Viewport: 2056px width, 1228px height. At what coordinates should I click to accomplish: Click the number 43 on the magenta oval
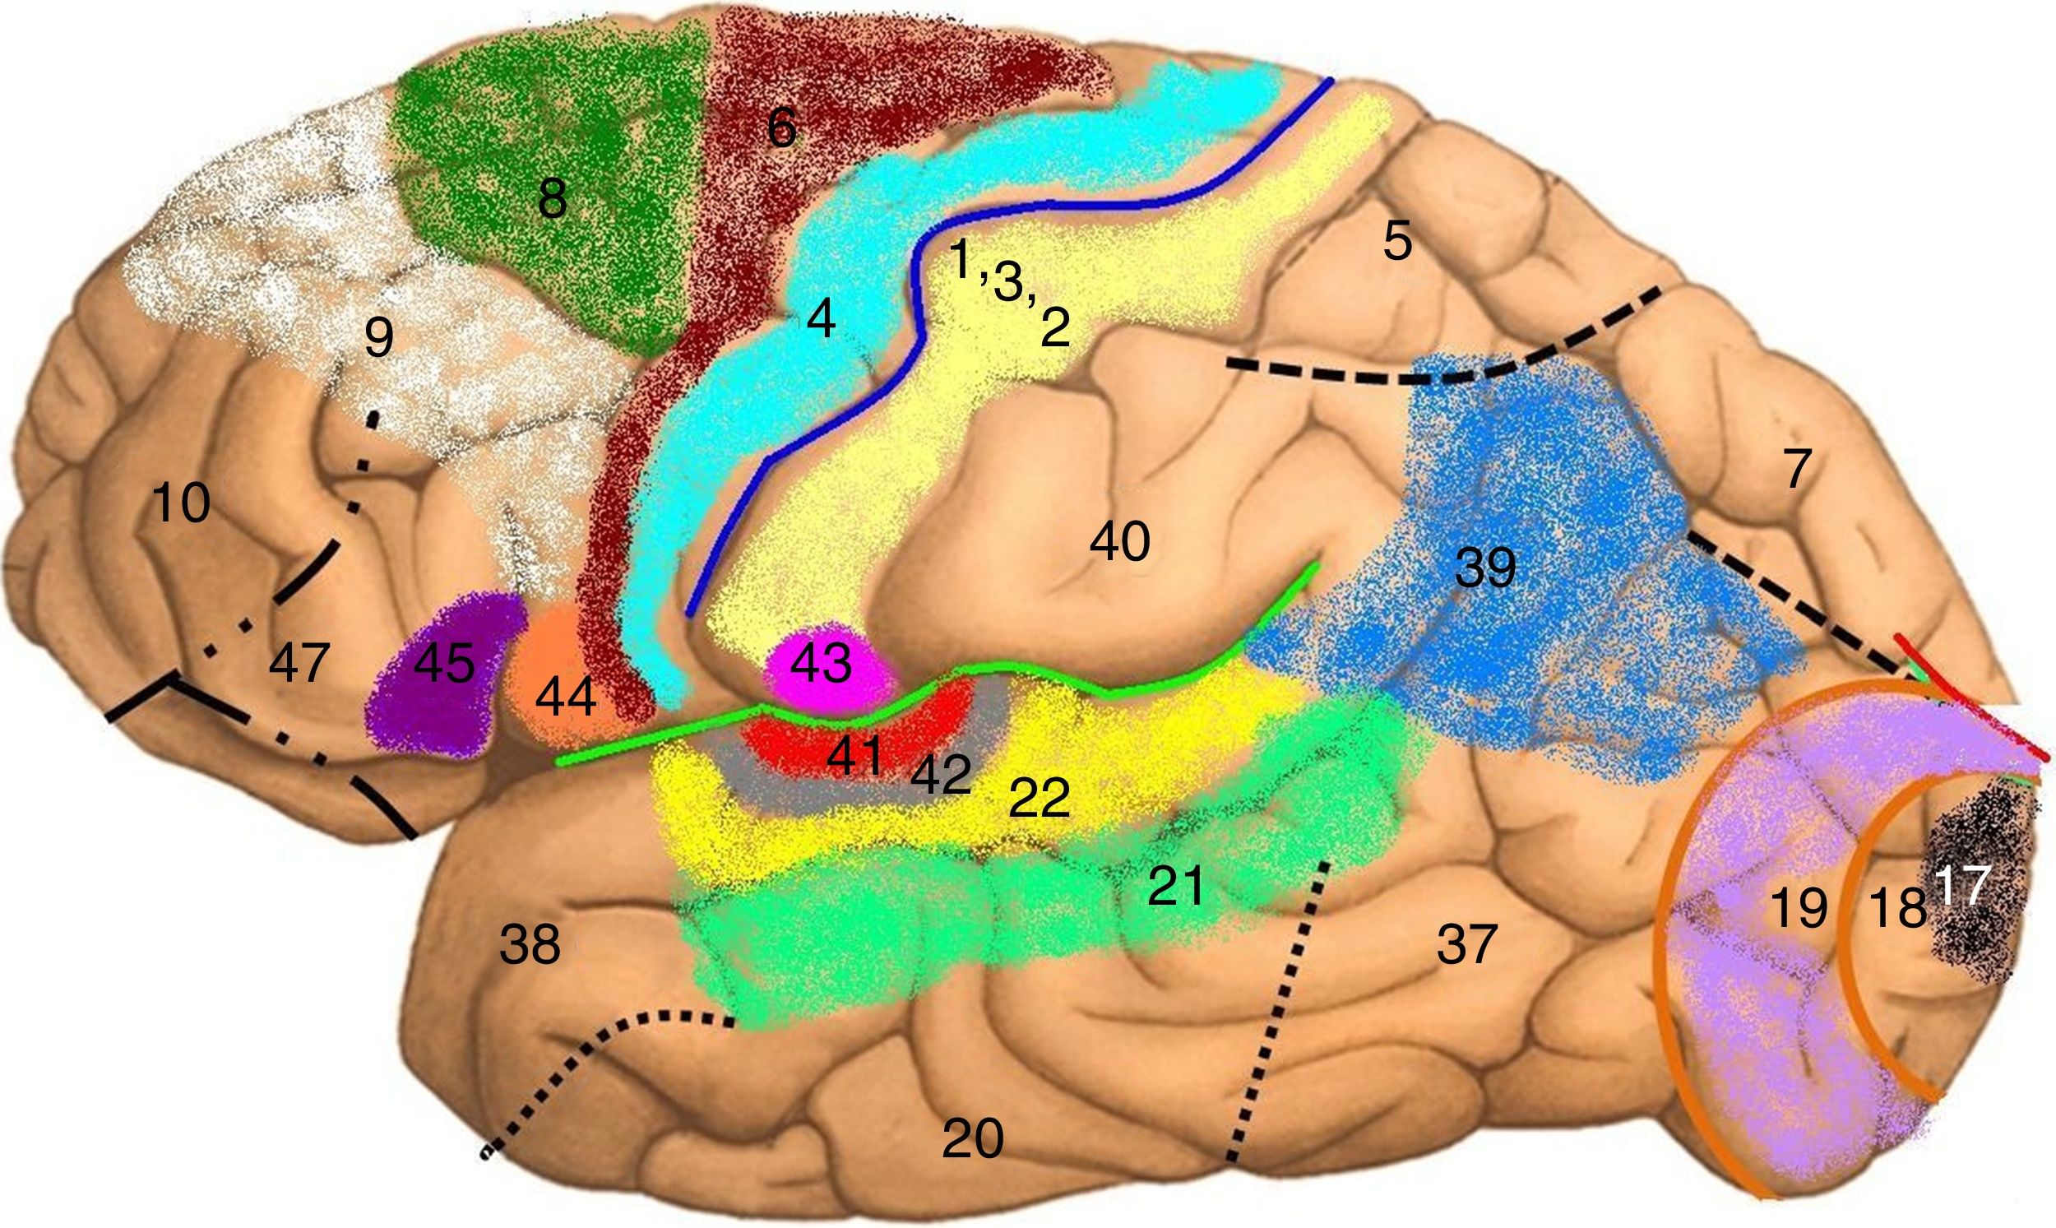(821, 663)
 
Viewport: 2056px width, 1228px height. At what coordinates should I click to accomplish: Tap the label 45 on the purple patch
(444, 663)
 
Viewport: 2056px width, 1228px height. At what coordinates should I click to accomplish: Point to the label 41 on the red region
(854, 755)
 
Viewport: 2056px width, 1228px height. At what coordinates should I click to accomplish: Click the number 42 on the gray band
(941, 774)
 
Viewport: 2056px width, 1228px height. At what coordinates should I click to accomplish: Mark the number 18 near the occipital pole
(1898, 908)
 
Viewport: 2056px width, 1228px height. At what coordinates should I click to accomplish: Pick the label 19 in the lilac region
(1799, 908)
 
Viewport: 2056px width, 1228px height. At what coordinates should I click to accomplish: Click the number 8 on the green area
(553, 198)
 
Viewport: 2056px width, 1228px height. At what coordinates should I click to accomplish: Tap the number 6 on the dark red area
(782, 128)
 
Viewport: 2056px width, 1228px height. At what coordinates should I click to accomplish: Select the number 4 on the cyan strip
(821, 317)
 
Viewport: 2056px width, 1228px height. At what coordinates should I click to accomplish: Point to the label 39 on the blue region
(1486, 568)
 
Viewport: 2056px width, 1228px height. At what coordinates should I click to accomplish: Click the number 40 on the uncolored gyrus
(1119, 542)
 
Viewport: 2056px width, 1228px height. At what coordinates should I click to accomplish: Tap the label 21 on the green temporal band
(1176, 887)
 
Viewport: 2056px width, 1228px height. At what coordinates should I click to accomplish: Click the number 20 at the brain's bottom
(973, 1138)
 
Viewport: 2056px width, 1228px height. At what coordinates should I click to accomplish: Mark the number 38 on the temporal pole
(530, 944)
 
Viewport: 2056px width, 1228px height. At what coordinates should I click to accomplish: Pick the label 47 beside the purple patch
(299, 663)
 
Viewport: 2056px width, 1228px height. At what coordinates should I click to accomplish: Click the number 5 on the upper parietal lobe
(1397, 242)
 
